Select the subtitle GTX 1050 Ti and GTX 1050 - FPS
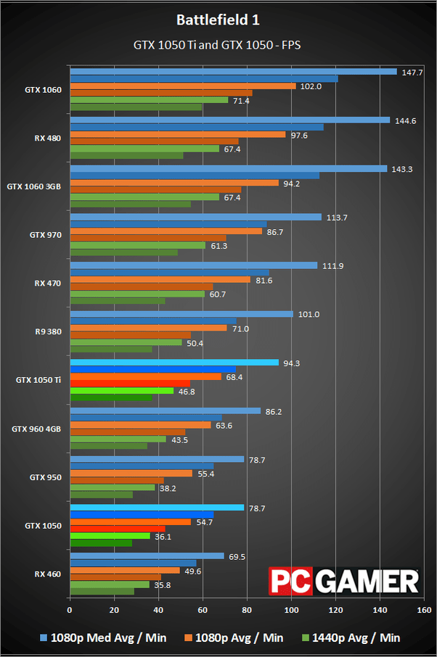pos(217,45)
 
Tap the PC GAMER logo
pos(345,581)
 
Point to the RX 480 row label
pos(48,139)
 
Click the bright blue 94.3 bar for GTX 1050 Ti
pos(173,363)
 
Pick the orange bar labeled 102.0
pos(182,86)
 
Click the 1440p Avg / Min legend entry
pos(350,637)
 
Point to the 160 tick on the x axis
pos(424,610)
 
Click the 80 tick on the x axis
pos(247,610)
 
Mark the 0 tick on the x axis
pos(70,610)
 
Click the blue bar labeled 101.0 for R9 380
pos(181,314)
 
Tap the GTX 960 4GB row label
pos(36,429)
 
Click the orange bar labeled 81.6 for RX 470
pos(160,280)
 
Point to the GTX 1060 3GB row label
pos(33,186)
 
